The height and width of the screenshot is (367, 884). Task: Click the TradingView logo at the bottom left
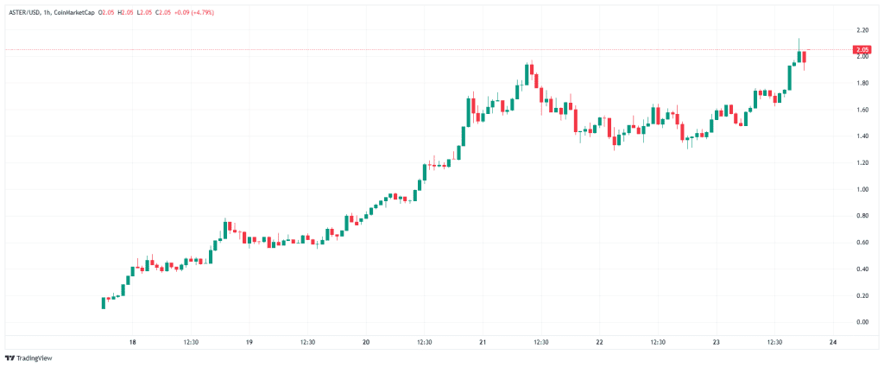pyautogui.click(x=30, y=357)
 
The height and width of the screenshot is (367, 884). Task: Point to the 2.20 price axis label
pyautogui.click(x=862, y=30)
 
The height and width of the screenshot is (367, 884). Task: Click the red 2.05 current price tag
pyautogui.click(x=862, y=50)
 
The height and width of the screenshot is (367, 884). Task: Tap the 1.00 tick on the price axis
pyautogui.click(x=862, y=189)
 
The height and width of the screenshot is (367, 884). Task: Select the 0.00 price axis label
pyautogui.click(x=862, y=322)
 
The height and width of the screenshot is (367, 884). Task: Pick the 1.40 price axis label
pyautogui.click(x=862, y=136)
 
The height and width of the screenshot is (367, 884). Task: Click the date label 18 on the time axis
pyautogui.click(x=132, y=342)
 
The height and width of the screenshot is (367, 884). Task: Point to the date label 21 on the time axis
pyautogui.click(x=483, y=342)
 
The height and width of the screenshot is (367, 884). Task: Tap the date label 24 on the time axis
pyautogui.click(x=832, y=342)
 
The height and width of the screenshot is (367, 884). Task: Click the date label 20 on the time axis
pyautogui.click(x=366, y=342)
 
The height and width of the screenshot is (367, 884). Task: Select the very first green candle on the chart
pyautogui.click(x=104, y=302)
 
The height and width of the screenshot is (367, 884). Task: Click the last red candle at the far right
pyautogui.click(x=805, y=57)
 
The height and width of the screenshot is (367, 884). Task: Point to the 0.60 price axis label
pyautogui.click(x=862, y=243)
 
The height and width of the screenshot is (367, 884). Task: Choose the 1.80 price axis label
pyautogui.click(x=862, y=83)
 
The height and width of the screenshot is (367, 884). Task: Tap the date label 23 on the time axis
pyautogui.click(x=716, y=342)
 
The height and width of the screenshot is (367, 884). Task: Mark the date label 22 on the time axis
pyautogui.click(x=599, y=342)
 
